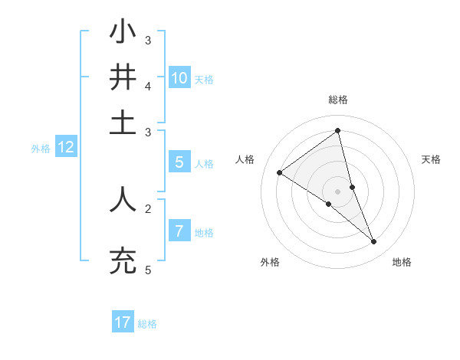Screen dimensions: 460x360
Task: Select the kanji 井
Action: point(123,77)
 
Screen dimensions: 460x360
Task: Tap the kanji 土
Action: point(123,123)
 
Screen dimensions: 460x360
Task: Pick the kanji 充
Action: point(123,260)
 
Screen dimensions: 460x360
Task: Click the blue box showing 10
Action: point(179,77)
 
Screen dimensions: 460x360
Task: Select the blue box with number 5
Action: point(179,162)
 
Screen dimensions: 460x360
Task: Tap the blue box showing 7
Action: point(179,231)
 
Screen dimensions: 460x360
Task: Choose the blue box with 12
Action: point(66,147)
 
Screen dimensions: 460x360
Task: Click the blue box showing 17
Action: point(123,322)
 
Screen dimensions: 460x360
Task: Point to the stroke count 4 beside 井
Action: point(148,86)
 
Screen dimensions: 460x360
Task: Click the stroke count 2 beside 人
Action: point(148,208)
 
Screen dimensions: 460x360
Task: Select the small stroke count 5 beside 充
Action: point(148,270)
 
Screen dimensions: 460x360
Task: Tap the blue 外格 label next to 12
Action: point(41,149)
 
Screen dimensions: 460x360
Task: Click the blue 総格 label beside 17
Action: point(147,324)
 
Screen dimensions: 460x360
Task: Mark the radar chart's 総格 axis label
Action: point(337,100)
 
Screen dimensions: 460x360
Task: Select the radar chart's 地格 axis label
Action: point(402,262)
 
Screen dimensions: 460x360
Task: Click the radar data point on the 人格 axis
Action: point(279,172)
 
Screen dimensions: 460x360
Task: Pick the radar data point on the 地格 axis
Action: point(374,242)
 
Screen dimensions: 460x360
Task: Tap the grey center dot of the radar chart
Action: point(337,191)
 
